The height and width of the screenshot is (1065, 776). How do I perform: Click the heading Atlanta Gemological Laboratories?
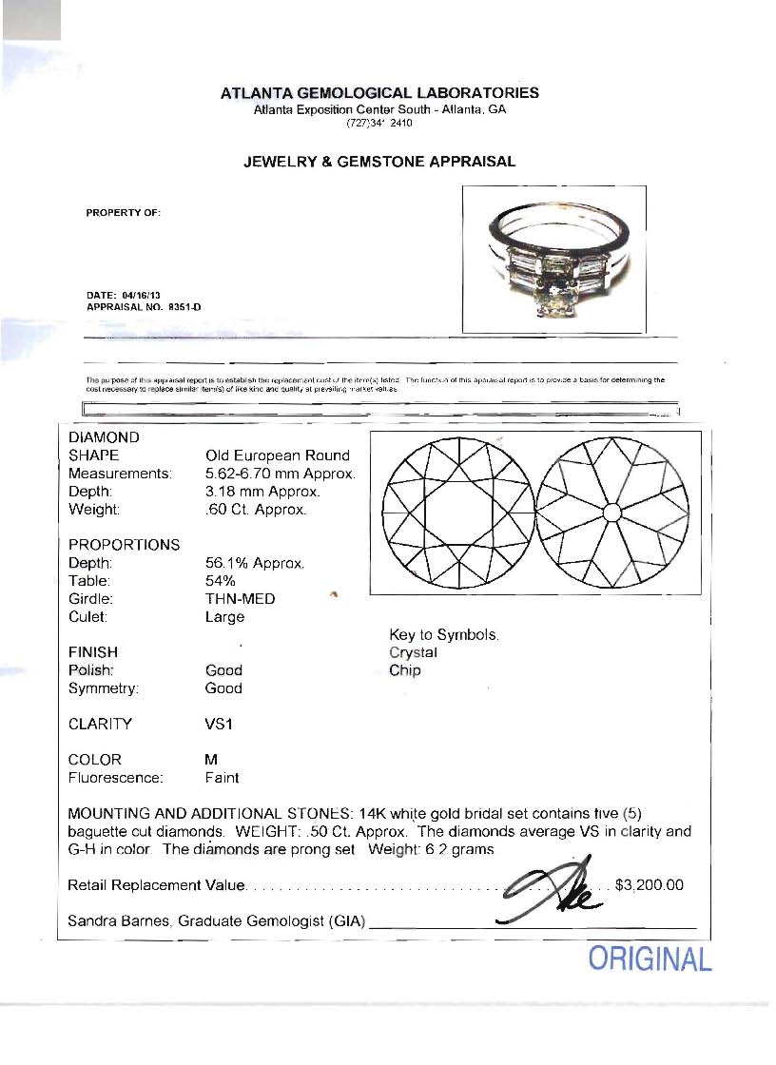coord(379,93)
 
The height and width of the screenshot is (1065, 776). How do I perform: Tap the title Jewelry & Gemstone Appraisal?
coord(379,162)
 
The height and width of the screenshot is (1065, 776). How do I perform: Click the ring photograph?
coord(553,259)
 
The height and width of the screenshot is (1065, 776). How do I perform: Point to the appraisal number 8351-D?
coord(184,307)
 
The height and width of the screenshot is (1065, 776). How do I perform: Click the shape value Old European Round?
coord(278,455)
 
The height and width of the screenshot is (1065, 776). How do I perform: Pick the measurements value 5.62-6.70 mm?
coord(280,474)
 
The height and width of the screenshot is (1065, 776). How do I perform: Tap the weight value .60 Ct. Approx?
coord(256,510)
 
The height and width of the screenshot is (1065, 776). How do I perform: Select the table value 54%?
coord(221,581)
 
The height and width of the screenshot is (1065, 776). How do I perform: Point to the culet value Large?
coord(224,617)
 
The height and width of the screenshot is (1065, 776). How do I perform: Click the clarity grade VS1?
coord(219,724)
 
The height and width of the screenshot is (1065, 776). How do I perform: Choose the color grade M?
coord(211,760)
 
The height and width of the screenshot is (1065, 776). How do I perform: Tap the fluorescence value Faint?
coord(222,778)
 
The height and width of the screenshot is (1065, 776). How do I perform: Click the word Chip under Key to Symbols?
coord(404,670)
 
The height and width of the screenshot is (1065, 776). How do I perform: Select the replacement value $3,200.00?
coord(650,885)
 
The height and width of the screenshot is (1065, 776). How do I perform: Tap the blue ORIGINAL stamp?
coord(650,958)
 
